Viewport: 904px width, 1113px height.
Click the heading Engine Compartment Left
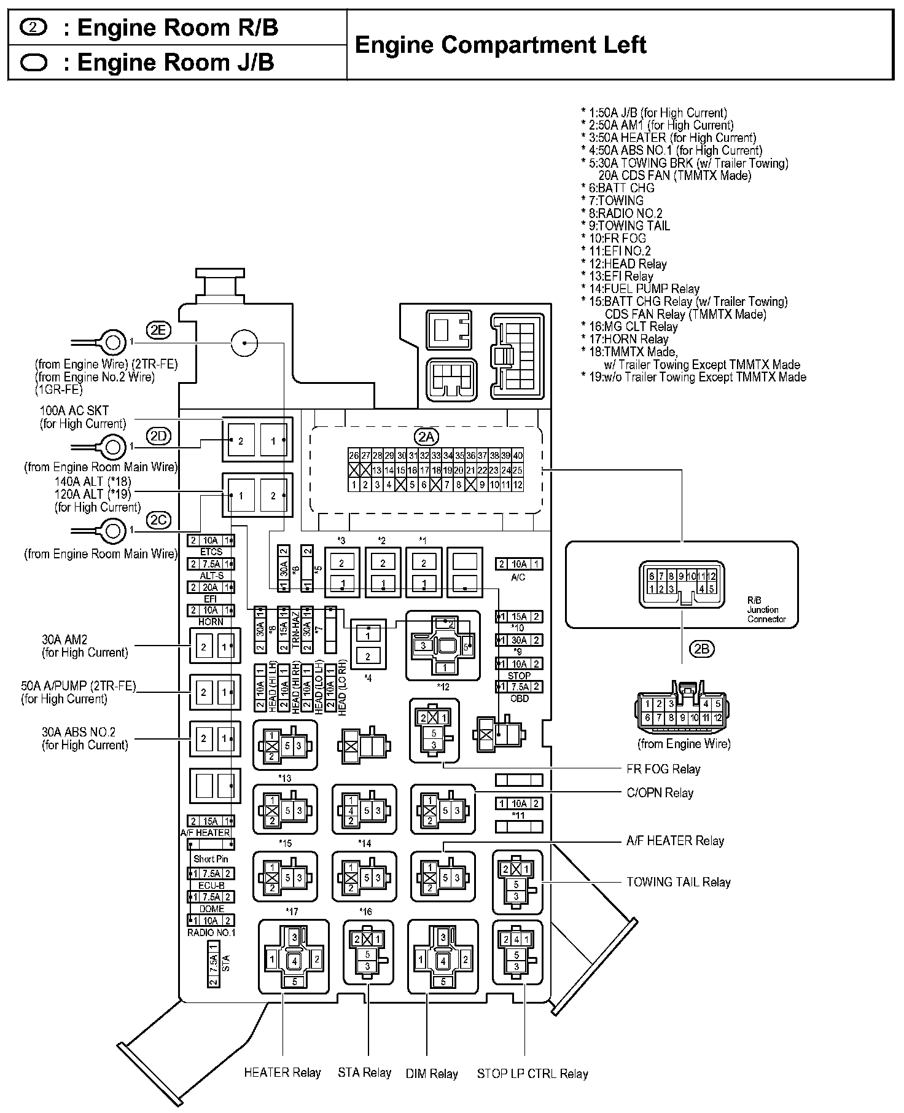coord(501,45)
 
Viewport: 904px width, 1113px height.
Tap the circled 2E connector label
coord(158,330)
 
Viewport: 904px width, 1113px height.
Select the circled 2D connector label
coord(158,436)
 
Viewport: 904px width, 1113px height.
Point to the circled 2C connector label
coord(158,520)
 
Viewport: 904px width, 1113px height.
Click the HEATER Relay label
coord(282,1072)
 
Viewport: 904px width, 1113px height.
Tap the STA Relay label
coord(364,1072)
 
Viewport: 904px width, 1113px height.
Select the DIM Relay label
coord(432,1074)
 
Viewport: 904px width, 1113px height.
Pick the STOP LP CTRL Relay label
coord(532,1074)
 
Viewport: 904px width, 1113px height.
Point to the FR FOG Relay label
coord(663,769)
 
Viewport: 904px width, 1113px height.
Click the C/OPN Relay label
coord(660,793)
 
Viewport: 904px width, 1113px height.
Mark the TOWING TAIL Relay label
coord(678,882)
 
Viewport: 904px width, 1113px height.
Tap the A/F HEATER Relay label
coord(675,841)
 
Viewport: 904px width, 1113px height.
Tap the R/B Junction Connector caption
coord(766,610)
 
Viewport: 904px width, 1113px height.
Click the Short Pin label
coord(211,859)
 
